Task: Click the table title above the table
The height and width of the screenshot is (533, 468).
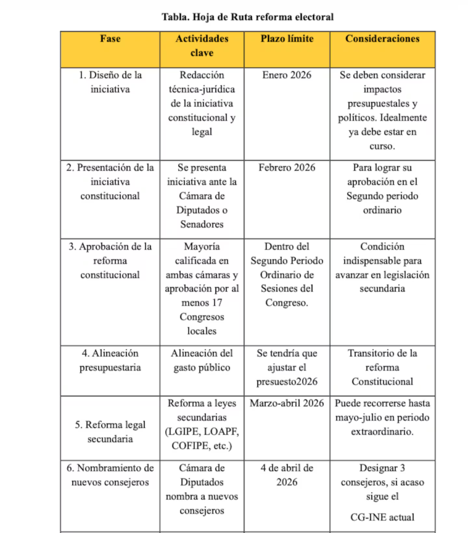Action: point(248,17)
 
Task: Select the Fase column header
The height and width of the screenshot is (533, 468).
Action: point(110,39)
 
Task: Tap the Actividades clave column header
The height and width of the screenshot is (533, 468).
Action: point(202,46)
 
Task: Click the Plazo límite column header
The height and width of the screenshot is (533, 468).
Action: point(287,39)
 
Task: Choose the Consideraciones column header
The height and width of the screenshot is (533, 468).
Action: point(382,39)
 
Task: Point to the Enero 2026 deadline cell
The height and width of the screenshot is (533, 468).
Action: point(287,75)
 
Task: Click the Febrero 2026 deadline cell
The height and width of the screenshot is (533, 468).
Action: point(287,168)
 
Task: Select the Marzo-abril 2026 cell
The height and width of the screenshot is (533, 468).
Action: point(287,403)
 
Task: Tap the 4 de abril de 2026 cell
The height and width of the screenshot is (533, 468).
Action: point(287,475)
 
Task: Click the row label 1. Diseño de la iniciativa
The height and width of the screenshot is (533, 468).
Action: point(110,82)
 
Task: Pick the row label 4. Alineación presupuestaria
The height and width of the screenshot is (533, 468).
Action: point(110,361)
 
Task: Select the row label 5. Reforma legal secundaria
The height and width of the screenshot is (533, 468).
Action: point(110,432)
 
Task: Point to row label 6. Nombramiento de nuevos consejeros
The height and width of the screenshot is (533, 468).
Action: point(110,475)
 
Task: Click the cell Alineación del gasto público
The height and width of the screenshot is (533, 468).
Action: point(202,361)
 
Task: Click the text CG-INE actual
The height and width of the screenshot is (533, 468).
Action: point(382,517)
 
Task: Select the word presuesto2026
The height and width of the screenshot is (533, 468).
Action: point(287,382)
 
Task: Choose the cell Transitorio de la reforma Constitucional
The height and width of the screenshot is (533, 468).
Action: point(382,367)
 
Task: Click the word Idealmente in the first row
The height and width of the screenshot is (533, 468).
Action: point(403,118)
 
